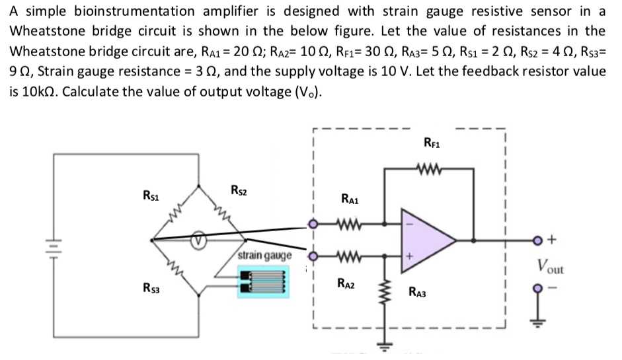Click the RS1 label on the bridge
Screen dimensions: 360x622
tap(151, 195)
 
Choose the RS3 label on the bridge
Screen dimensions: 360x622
tap(153, 288)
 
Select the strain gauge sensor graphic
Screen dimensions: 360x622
tap(262, 282)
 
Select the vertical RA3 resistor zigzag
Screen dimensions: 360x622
tap(382, 293)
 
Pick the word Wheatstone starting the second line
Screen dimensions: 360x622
tap(44, 31)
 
